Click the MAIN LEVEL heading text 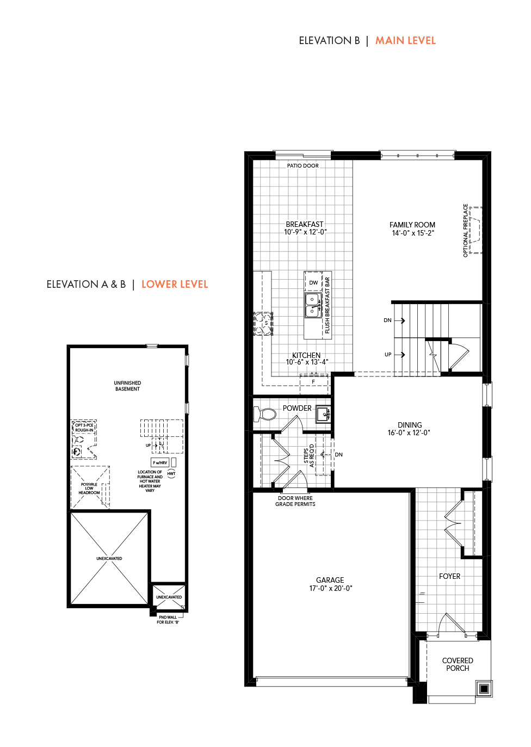405,41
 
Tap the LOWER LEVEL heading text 175,285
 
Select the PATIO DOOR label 303,166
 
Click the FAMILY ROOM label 412,225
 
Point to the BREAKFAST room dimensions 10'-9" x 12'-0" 305,232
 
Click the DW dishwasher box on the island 313,282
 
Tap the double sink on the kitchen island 312,305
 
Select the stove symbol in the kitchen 263,324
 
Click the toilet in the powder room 265,414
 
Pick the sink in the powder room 323,414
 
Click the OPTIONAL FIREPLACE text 465,231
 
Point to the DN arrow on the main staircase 399,320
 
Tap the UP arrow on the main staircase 399,355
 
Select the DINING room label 410,425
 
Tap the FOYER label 449,576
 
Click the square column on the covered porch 484,688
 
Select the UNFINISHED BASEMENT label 127,386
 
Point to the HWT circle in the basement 171,474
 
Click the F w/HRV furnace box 160,462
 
